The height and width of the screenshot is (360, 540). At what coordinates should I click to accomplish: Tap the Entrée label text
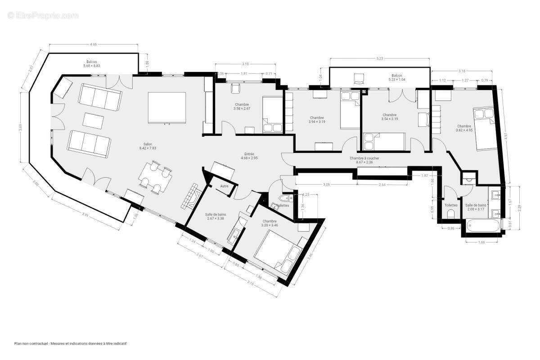(x=249, y=156)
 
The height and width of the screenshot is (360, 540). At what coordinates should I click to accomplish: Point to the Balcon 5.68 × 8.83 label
(x=92, y=63)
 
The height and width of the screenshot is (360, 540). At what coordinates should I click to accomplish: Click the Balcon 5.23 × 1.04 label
(x=396, y=77)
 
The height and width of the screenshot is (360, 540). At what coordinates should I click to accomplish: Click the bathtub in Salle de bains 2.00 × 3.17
(x=483, y=226)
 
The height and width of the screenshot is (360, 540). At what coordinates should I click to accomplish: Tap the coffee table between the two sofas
(x=94, y=121)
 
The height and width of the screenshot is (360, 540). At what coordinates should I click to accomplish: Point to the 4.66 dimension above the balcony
(x=94, y=44)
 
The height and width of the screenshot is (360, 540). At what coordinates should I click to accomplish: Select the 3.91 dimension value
(x=85, y=215)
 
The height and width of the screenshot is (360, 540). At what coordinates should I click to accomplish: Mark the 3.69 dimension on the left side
(x=20, y=127)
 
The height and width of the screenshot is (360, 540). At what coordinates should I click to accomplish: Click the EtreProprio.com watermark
(x=43, y=15)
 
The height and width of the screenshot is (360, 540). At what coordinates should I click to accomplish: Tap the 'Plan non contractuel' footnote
(x=70, y=343)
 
